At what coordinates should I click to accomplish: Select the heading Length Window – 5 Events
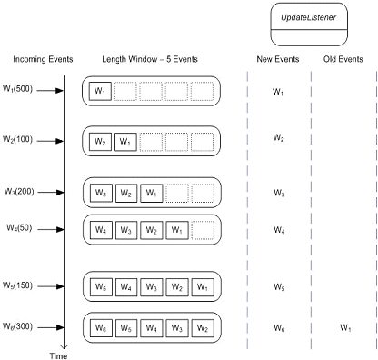[x=148, y=60]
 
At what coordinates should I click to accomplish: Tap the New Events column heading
[x=277, y=60]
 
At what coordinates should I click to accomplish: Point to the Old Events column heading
[x=343, y=60]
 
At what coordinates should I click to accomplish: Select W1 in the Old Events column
[x=343, y=326]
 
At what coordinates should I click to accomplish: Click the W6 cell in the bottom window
[x=100, y=326]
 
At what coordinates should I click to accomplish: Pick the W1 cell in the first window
[x=100, y=92]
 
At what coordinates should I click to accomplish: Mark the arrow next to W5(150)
[x=53, y=285]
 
